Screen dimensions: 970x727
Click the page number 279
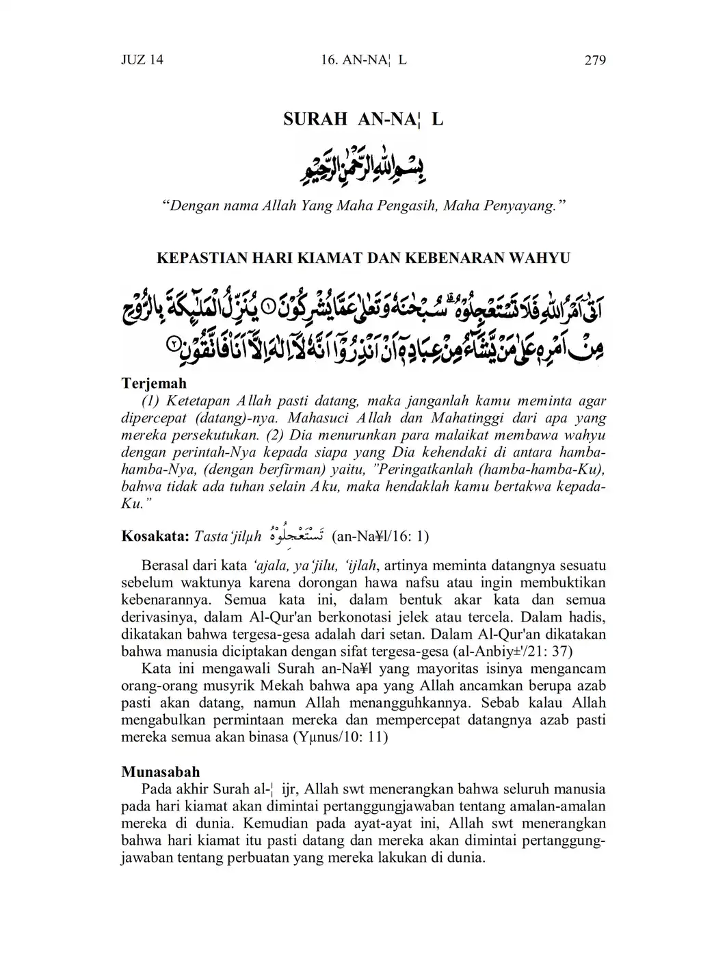595,60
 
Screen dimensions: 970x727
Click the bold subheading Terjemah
154,383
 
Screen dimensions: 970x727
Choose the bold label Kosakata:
155,536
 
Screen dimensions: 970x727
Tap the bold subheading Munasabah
161,771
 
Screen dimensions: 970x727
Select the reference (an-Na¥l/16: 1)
380,536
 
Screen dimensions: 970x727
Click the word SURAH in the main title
315,119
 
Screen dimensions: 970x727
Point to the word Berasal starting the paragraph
167,566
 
